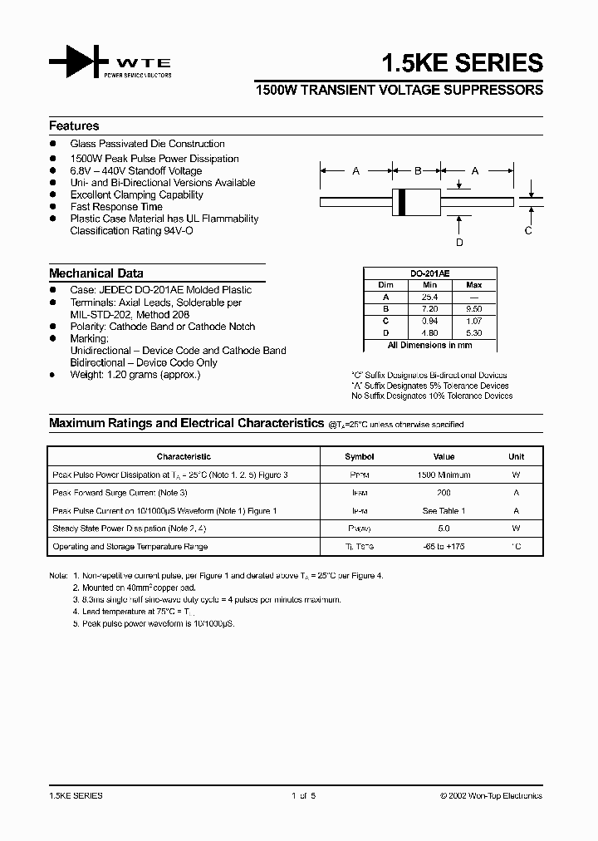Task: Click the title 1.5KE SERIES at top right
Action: coord(462,63)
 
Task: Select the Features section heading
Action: coord(74,126)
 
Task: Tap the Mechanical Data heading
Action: coord(96,273)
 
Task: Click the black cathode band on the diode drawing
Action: coord(403,201)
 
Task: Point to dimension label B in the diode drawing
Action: coord(418,171)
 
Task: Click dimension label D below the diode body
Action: coord(459,242)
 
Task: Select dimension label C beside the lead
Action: coord(527,231)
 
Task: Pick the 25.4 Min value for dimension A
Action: coord(429,296)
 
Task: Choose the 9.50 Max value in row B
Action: coord(474,307)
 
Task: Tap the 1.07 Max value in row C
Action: coord(474,320)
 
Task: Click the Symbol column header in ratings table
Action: coord(360,457)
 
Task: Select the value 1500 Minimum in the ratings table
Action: coord(444,475)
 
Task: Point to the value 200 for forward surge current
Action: coord(444,493)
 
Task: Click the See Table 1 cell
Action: coord(444,511)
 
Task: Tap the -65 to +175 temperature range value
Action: coord(444,547)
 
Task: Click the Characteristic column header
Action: coord(184,457)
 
